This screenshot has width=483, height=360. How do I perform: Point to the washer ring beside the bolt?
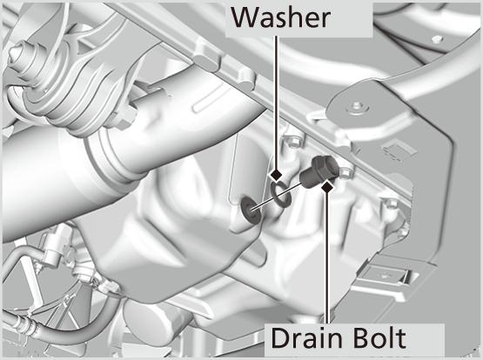(x=281, y=195)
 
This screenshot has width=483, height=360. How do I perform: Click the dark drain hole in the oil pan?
(x=250, y=210)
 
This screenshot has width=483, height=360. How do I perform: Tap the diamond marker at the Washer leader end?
(x=276, y=176)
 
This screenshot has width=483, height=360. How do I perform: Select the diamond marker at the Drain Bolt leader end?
(x=327, y=186)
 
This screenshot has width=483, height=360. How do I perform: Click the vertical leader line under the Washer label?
(x=276, y=103)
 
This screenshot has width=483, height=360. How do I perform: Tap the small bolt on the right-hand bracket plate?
(x=357, y=105)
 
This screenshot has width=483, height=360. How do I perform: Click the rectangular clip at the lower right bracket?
(x=385, y=275)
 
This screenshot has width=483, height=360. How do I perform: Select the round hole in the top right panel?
(x=438, y=39)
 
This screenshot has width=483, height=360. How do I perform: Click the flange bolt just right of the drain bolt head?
(x=345, y=173)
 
